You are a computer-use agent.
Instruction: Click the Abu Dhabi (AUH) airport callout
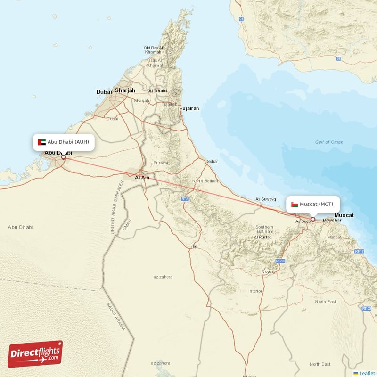click(x=64, y=142)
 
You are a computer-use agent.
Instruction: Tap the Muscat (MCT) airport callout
click(x=313, y=204)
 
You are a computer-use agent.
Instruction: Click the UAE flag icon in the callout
click(x=42, y=142)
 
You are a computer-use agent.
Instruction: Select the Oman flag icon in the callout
click(x=294, y=205)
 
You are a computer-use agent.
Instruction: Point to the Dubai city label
click(x=104, y=92)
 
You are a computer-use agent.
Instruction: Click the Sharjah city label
click(x=125, y=90)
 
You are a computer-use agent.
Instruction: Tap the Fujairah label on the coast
click(x=189, y=108)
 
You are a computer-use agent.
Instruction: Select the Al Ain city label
click(x=142, y=178)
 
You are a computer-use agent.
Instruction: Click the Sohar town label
click(x=213, y=162)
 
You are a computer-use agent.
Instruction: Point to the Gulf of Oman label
click(x=329, y=142)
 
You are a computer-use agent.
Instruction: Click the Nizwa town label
click(x=268, y=272)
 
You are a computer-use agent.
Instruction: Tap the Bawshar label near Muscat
click(x=332, y=220)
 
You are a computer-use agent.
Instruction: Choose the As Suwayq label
click(x=265, y=199)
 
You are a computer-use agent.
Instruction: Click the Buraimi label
click(x=161, y=163)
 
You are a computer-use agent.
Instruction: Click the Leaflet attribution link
click(x=367, y=373)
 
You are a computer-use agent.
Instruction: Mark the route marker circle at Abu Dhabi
click(x=63, y=157)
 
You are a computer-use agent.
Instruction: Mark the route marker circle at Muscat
click(x=312, y=219)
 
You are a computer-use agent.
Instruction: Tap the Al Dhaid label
click(x=157, y=91)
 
